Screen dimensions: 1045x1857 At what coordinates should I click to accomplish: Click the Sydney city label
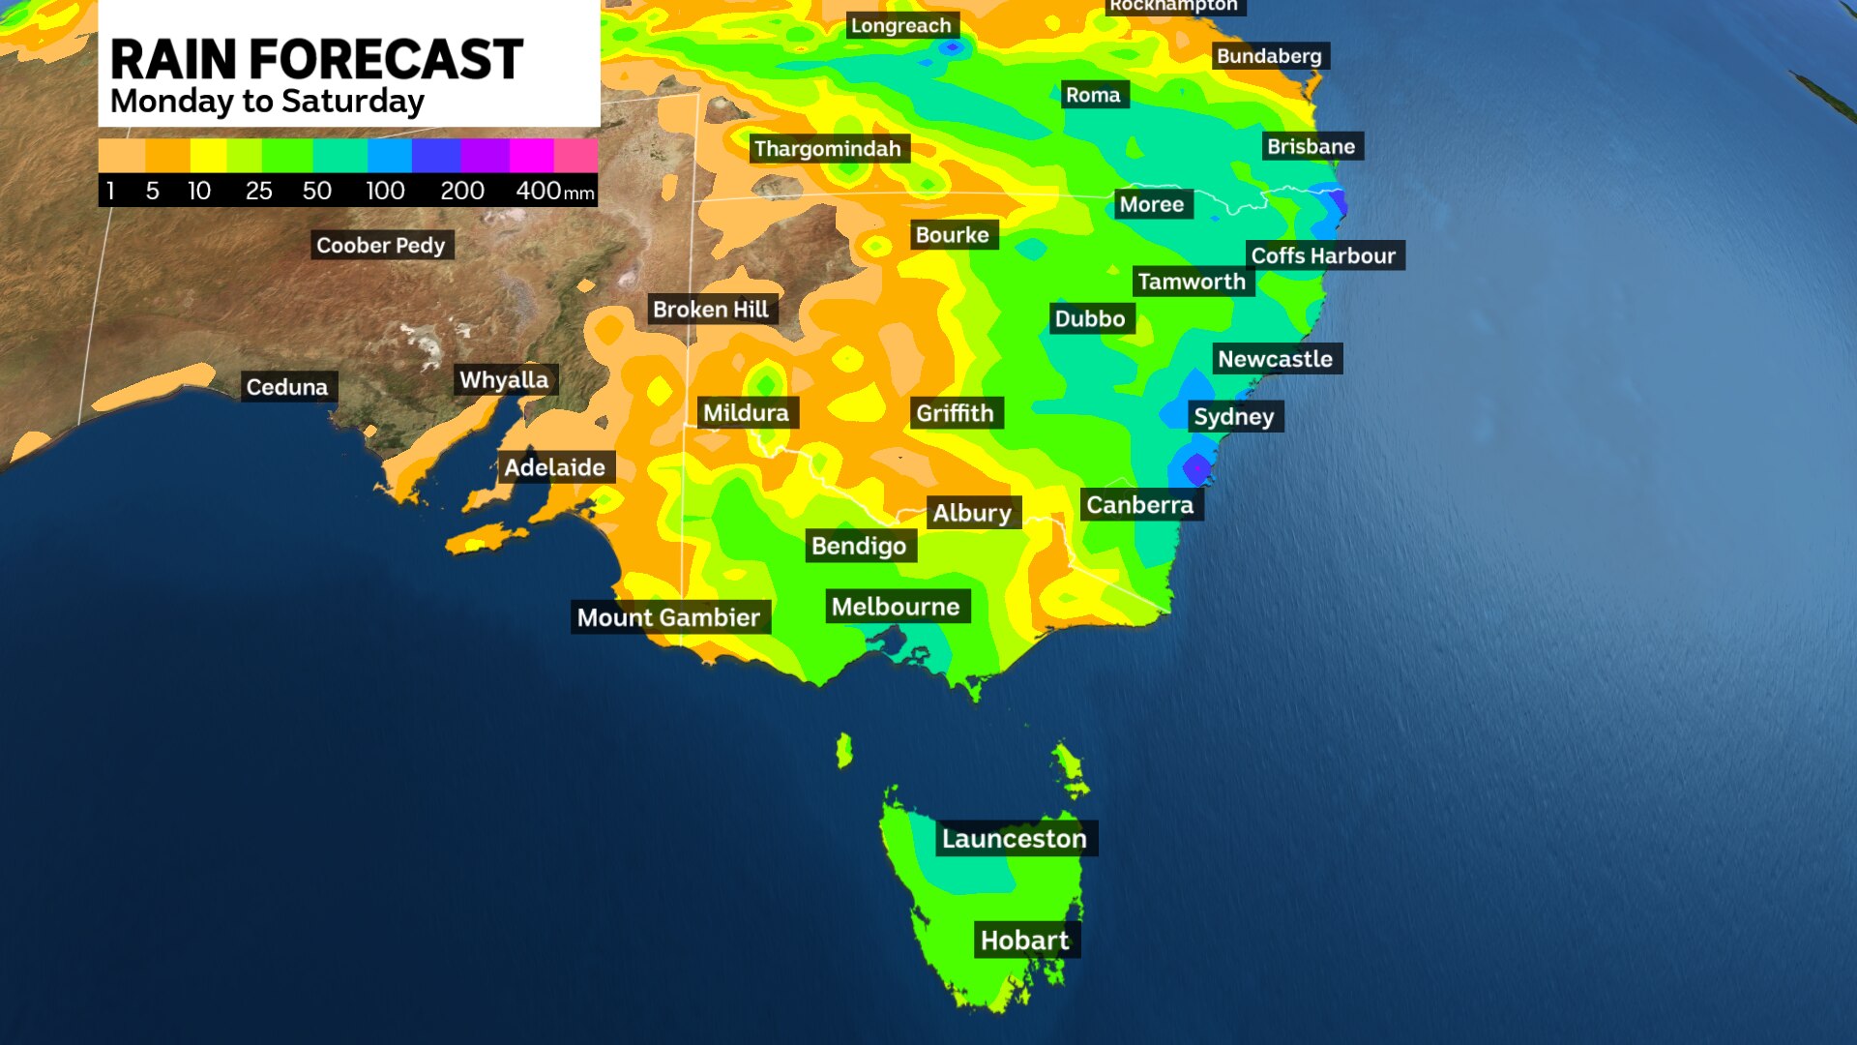pos(1234,417)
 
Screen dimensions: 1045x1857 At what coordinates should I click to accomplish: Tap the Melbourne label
pos(896,607)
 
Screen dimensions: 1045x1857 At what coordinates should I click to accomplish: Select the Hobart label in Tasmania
pos(1024,940)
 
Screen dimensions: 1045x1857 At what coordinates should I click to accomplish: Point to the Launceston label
pos(1014,839)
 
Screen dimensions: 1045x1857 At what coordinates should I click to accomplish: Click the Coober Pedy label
pos(380,246)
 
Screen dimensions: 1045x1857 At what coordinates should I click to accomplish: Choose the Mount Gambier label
pos(668,617)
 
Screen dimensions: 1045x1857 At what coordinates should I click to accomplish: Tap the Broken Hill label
pos(710,310)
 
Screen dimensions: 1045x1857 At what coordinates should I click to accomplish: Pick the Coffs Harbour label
pos(1323,256)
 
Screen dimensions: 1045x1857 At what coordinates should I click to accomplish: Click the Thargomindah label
pos(827,149)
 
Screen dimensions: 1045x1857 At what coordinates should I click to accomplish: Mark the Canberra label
pos(1139,505)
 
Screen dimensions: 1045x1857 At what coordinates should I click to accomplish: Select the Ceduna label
pos(287,387)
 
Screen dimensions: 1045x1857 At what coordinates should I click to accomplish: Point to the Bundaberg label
pos(1269,56)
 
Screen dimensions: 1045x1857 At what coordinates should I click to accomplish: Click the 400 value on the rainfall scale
pos(538,191)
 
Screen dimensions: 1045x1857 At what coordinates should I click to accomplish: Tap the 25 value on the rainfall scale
pos(258,191)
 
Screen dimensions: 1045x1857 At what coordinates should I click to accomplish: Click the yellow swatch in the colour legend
pos(208,155)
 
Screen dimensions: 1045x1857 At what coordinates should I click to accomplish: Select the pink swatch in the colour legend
pos(575,155)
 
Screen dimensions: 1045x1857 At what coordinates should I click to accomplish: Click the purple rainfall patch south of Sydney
pos(1197,468)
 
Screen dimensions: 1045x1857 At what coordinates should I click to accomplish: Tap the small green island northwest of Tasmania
pos(844,750)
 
